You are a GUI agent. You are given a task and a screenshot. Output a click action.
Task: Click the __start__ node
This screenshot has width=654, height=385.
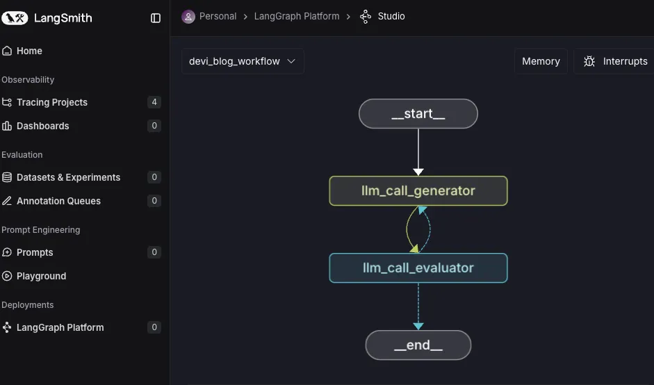click(x=418, y=114)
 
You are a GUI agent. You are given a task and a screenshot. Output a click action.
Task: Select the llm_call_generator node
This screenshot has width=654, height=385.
click(x=418, y=191)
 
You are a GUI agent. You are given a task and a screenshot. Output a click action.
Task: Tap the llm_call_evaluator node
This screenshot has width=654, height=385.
click(x=418, y=268)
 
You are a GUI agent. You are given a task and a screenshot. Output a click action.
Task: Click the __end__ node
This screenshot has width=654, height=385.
click(x=418, y=345)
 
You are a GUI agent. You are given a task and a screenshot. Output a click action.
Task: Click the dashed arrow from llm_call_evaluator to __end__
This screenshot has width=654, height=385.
click(x=418, y=306)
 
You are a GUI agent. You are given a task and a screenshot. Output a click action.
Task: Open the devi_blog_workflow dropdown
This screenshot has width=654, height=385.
click(x=242, y=61)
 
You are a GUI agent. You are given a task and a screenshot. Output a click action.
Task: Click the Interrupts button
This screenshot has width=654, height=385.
click(x=615, y=61)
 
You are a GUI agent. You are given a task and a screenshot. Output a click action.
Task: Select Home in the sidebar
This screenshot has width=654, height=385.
click(x=29, y=51)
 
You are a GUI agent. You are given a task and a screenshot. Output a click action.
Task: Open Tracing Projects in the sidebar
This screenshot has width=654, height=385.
click(x=51, y=102)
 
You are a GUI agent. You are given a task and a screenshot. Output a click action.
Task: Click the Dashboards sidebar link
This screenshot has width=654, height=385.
click(x=42, y=126)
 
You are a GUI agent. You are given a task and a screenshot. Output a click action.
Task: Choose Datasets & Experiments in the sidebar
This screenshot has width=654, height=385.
click(x=68, y=177)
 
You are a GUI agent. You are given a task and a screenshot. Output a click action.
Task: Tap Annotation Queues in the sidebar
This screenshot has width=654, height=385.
click(x=58, y=201)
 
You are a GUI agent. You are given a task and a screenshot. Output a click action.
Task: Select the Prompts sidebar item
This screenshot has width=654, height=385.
click(x=35, y=252)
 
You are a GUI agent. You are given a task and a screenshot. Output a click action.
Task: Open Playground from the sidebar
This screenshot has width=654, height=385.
click(x=41, y=276)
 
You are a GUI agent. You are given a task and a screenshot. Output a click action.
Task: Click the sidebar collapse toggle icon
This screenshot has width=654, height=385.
click(x=156, y=18)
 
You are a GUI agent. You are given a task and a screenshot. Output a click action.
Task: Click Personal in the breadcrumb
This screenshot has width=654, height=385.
click(x=218, y=16)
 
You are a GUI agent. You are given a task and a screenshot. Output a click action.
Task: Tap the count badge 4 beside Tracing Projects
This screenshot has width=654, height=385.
click(x=154, y=102)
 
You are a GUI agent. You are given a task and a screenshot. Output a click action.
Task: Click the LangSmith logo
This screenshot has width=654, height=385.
click(x=47, y=18)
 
